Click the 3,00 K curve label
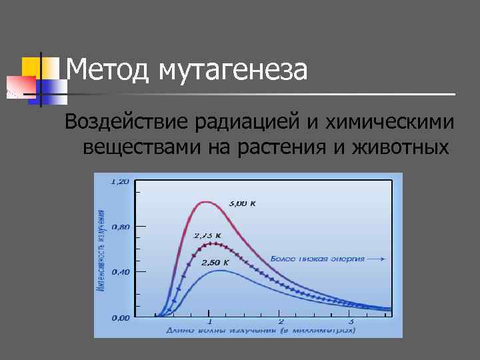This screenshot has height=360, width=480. click(x=242, y=203)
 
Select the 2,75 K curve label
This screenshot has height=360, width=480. click(x=207, y=235)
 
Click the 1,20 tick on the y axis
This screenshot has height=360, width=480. click(x=120, y=181)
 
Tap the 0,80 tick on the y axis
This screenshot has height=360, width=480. click(x=120, y=227)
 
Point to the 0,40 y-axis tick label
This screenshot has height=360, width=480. click(x=120, y=272)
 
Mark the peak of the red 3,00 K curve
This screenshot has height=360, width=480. click(x=207, y=201)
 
